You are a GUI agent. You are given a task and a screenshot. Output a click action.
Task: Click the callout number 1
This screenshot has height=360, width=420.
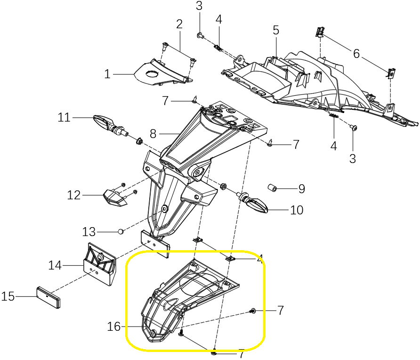coord(107,74)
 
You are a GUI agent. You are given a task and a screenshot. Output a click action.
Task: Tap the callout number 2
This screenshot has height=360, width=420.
coord(179,24)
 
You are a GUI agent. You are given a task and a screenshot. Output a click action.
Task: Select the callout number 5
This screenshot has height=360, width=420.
coord(276,31)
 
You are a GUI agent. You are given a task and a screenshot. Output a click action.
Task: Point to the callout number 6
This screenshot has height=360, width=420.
coord(356,54)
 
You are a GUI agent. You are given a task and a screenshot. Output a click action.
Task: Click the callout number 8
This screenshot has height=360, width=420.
coord(153,134)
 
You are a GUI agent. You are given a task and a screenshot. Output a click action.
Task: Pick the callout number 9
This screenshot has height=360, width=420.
coord(301,189)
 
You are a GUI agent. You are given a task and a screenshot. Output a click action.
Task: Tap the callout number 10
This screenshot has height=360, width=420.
coord(297,210)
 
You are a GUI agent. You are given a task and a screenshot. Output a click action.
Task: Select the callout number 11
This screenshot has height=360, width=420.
coord(64,117)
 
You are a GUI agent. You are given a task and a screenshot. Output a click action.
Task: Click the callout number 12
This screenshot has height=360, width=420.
coord(74,195)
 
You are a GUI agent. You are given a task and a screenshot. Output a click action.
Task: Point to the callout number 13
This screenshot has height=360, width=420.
coord(89,232)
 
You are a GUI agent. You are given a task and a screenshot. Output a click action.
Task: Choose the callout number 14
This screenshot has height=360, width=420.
coord(55,266)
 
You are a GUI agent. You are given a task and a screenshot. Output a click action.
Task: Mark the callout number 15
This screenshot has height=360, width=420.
coord(8,297)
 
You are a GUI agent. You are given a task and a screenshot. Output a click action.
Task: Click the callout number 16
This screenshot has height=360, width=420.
coord(114,327)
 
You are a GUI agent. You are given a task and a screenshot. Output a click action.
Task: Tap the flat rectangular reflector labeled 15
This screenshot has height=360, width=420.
coord(48,297)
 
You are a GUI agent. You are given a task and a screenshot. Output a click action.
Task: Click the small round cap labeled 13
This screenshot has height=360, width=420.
coord(121,231)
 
